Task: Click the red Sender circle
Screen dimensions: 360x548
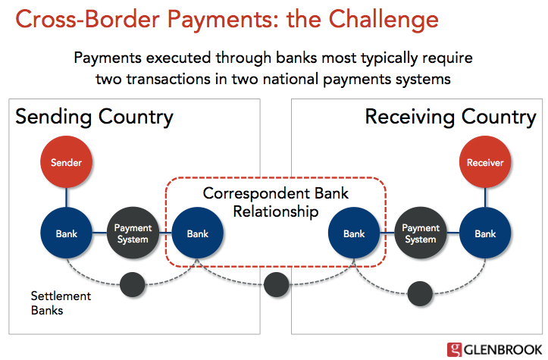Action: pos(66,162)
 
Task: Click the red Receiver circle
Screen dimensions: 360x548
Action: pos(484,162)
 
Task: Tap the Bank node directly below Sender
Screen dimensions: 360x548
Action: pos(66,233)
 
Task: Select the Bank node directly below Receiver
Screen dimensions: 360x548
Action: pos(484,233)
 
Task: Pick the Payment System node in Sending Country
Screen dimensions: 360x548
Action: pos(133,233)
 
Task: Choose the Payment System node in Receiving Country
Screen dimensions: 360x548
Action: pos(420,233)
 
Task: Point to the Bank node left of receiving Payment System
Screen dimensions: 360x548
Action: pos(354,233)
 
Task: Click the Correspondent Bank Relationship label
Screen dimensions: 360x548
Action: pos(276,202)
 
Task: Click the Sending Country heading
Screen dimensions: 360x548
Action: pos(95,117)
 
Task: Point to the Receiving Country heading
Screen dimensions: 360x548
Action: pos(450,117)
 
